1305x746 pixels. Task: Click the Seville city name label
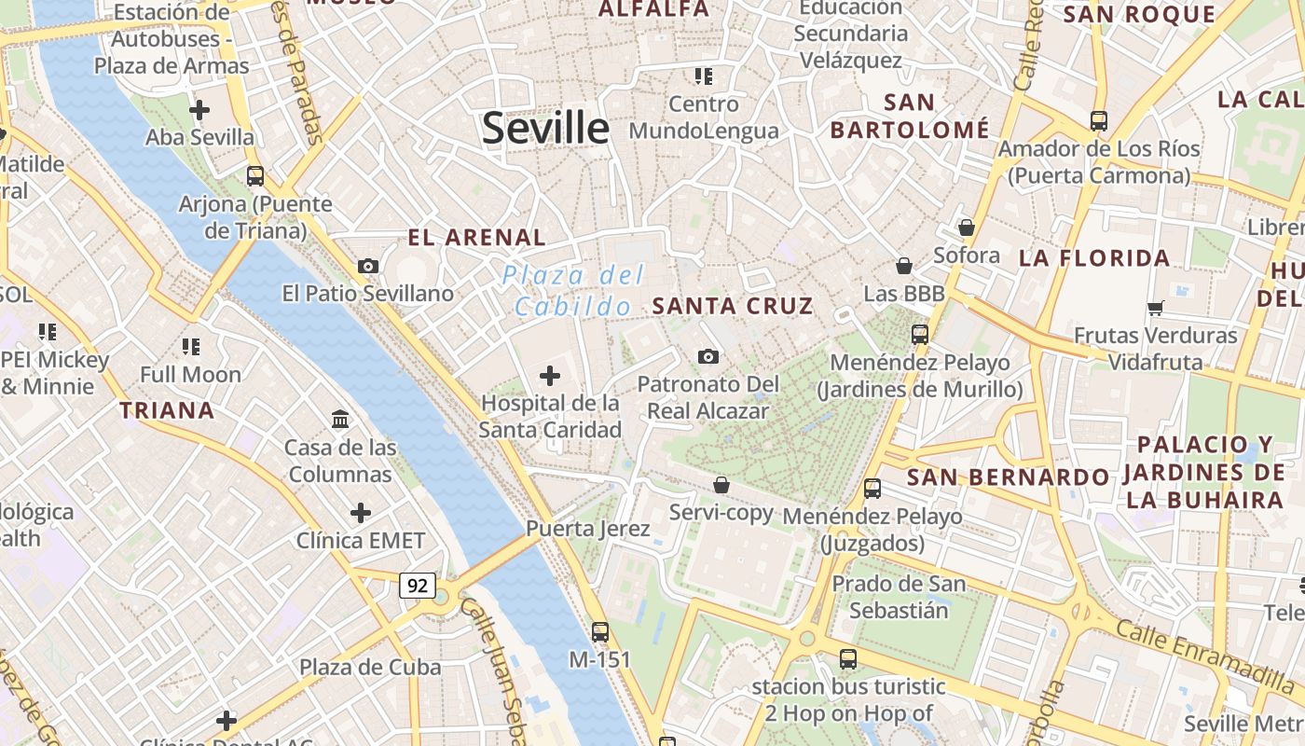[545, 128]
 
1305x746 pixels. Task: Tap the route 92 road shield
[418, 586]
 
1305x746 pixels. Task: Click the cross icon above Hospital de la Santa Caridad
[550, 376]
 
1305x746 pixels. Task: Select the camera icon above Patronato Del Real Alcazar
[708, 356]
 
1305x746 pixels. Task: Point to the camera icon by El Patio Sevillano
[368, 266]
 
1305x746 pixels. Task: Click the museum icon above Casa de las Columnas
[340, 420]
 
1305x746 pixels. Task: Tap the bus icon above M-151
[600, 631]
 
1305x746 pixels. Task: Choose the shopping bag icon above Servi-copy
[721, 485]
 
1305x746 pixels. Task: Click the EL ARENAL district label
[476, 238]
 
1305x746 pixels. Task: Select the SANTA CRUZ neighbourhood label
[733, 306]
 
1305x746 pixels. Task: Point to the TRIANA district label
[167, 410]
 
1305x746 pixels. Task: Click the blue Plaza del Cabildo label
[572, 290]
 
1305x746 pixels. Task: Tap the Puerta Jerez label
[587, 529]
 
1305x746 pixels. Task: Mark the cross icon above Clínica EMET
[361, 513]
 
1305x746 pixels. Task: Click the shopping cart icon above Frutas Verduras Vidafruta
[1156, 308]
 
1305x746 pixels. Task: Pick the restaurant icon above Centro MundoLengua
[703, 76]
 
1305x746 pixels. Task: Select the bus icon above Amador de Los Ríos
[1099, 120]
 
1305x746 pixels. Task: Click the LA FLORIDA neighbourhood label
[1094, 258]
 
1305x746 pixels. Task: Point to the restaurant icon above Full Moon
[191, 347]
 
